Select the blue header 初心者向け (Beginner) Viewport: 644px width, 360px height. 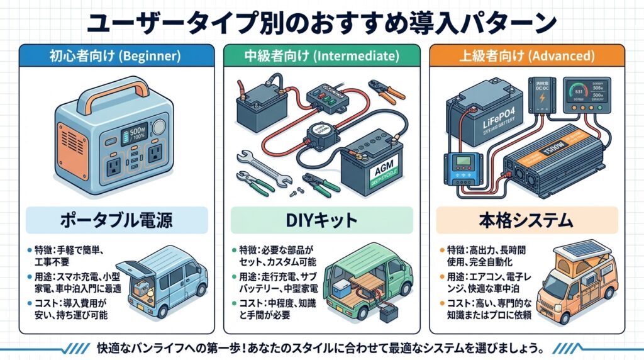point(114,56)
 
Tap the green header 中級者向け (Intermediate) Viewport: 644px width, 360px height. point(321,56)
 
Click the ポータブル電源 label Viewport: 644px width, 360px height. point(114,221)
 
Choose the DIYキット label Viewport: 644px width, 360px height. point(321,221)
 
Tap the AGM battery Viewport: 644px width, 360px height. point(372,164)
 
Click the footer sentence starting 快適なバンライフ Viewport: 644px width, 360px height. point(321,347)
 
